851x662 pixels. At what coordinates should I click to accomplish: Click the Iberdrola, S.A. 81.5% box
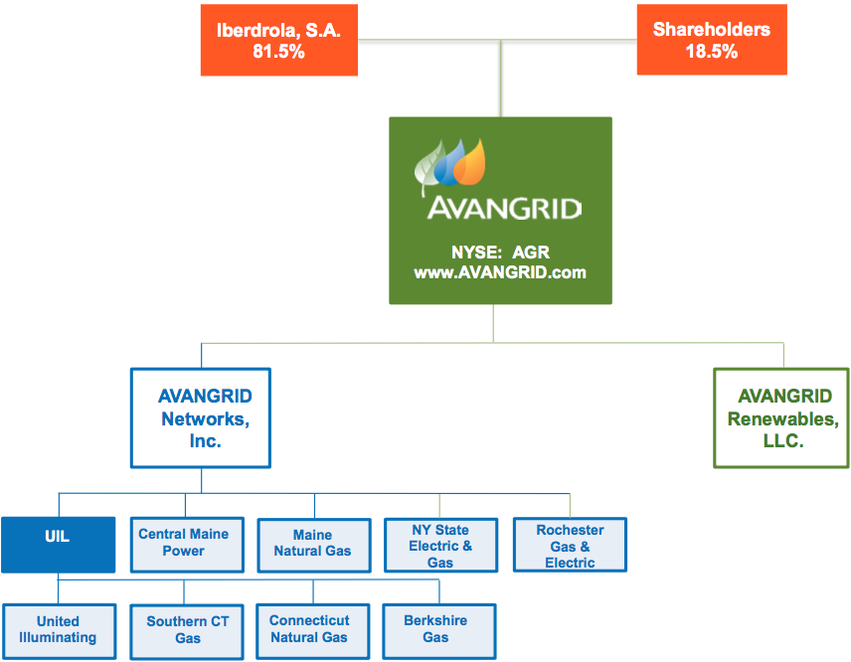click(x=277, y=40)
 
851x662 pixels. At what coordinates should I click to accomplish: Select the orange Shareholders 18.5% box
click(x=711, y=40)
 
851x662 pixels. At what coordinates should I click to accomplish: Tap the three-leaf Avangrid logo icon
click(x=450, y=165)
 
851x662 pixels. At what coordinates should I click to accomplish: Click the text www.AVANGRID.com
click(x=500, y=271)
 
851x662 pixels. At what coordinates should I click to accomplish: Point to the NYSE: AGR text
click(x=500, y=252)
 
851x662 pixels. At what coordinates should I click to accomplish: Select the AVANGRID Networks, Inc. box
click(x=201, y=418)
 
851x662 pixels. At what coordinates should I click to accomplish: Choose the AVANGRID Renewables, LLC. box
click(x=781, y=418)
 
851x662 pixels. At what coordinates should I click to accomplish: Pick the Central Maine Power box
click(x=184, y=543)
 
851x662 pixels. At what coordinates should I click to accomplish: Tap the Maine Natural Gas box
click(x=312, y=544)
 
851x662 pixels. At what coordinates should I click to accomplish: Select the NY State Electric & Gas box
click(x=440, y=546)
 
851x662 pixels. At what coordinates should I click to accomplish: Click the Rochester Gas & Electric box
click(x=570, y=546)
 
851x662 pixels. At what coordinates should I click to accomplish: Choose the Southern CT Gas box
click(x=187, y=630)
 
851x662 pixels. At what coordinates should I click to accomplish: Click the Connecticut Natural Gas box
click(x=310, y=629)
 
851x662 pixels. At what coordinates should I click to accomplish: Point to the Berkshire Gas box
click(x=435, y=629)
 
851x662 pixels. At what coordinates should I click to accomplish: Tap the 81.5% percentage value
click(x=278, y=51)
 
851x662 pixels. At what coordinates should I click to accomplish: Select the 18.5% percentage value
click(x=711, y=51)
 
